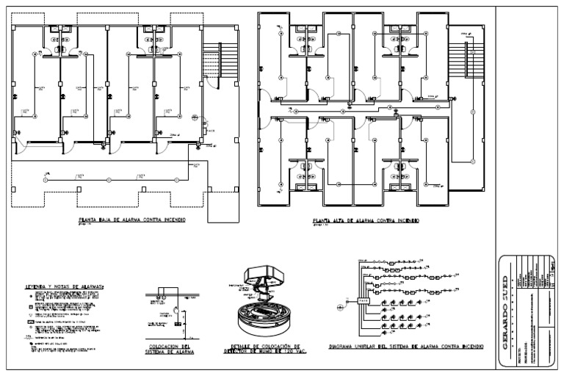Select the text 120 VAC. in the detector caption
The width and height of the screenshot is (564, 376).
click(x=291, y=350)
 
